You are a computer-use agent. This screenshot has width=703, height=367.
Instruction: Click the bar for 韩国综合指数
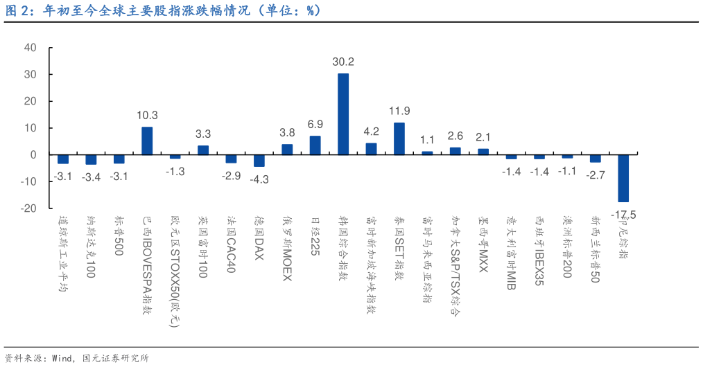click(343, 114)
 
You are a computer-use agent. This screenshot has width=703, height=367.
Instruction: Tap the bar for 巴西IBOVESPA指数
click(147, 141)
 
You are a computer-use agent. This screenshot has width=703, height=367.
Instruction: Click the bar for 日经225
click(315, 145)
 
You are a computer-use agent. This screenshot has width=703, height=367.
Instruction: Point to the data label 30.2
click(343, 62)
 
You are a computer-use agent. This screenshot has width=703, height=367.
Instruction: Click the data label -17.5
click(623, 215)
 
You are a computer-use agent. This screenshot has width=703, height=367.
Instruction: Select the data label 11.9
click(399, 111)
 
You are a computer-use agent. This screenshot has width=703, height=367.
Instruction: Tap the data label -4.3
click(259, 179)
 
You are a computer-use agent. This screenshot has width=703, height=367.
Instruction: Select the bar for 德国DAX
click(259, 161)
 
